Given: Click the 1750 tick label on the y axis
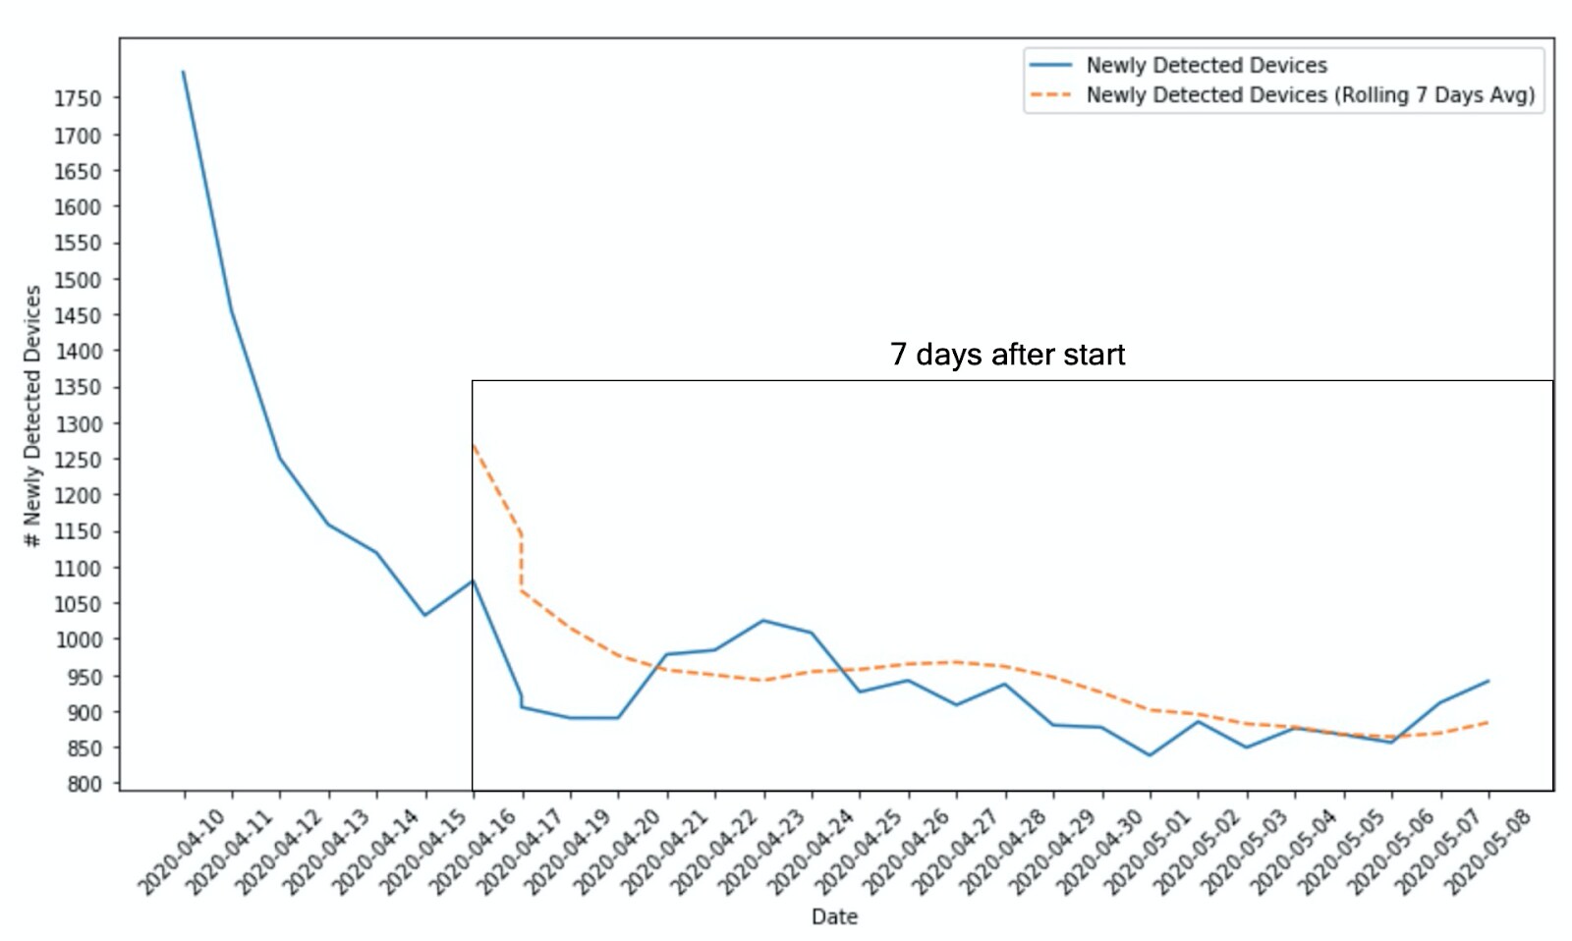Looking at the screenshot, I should (77, 98).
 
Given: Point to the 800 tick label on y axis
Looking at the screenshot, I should (84, 784).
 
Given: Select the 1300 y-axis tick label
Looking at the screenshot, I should (77, 424).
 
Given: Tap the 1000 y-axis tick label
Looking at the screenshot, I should (77, 639).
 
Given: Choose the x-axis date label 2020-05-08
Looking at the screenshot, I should (1486, 851).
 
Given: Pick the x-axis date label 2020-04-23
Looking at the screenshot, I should (760, 851).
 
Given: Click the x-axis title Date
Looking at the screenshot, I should (834, 916).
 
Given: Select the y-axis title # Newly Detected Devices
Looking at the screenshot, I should (32, 415).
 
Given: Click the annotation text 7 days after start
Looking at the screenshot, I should (1007, 355).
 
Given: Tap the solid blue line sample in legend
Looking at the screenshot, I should (1050, 65).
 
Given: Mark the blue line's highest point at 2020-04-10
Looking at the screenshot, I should (184, 72).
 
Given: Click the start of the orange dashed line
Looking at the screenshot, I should (474, 445).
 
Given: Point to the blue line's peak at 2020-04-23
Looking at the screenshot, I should (763, 620).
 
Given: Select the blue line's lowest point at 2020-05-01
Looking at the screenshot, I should (1150, 755).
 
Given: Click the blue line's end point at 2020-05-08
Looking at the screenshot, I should (1488, 681).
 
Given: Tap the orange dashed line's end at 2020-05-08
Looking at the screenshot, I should (1488, 723).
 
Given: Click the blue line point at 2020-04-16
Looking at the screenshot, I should (473, 580).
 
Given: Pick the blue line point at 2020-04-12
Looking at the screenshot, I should (280, 458).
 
